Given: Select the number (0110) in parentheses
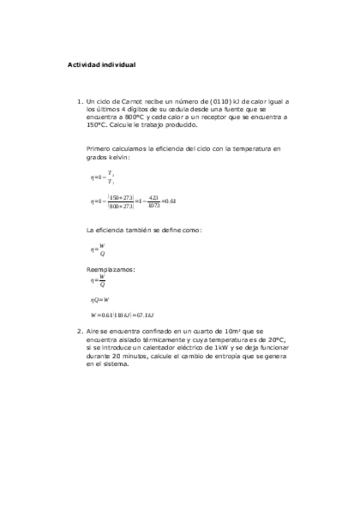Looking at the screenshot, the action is [221, 102].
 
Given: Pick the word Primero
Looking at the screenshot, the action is [99, 148].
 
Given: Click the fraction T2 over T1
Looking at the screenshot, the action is [111, 177].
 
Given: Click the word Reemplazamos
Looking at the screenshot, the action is [111, 269].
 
